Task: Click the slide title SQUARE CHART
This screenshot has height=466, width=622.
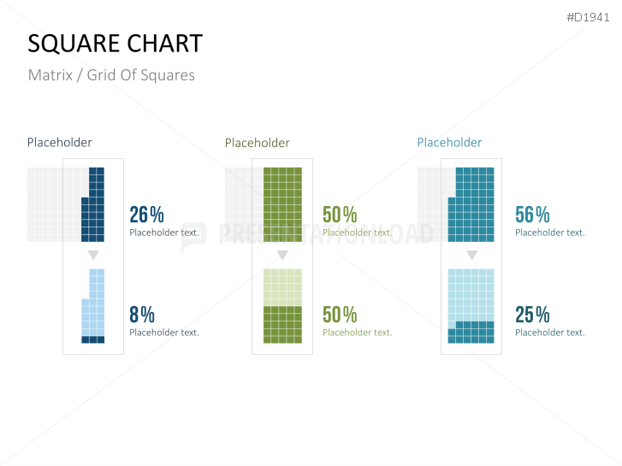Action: click(116, 44)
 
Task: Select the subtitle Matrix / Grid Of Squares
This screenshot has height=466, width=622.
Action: click(111, 75)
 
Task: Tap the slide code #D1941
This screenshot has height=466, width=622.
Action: click(589, 17)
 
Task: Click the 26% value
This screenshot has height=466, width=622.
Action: click(146, 215)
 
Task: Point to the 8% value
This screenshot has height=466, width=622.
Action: click(142, 315)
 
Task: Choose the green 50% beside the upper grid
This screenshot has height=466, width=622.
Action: click(340, 215)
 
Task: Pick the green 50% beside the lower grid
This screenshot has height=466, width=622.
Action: click(340, 315)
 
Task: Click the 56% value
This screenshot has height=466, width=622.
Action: click(532, 215)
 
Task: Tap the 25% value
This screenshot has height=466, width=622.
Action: click(532, 315)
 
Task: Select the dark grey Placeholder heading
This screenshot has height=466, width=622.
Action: click(59, 143)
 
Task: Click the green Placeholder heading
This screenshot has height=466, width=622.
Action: click(257, 143)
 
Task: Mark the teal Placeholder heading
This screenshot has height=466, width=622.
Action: click(449, 143)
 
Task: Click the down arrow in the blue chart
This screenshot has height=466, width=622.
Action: click(93, 256)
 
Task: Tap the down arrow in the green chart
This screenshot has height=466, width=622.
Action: click(282, 256)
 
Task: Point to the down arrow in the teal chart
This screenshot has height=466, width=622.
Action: click(471, 256)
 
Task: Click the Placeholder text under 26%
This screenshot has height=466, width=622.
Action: click(164, 233)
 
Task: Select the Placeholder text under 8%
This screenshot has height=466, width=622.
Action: click(164, 333)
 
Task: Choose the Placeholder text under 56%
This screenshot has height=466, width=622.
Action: click(550, 233)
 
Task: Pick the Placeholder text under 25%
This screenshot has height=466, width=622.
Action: click(550, 333)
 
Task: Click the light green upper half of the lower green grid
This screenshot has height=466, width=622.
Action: click(282, 286)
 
